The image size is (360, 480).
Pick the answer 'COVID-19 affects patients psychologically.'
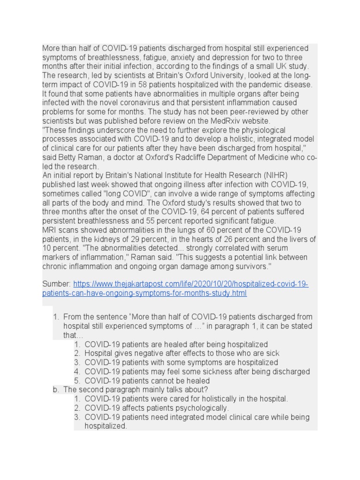click(x=157, y=408)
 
